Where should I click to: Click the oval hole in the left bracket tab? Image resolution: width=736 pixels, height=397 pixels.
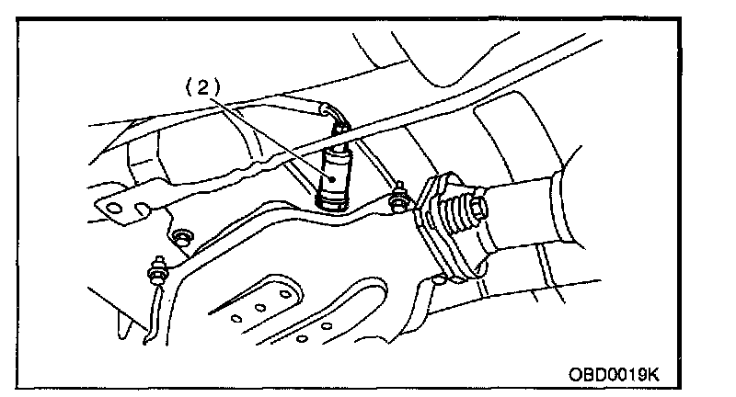113,210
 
